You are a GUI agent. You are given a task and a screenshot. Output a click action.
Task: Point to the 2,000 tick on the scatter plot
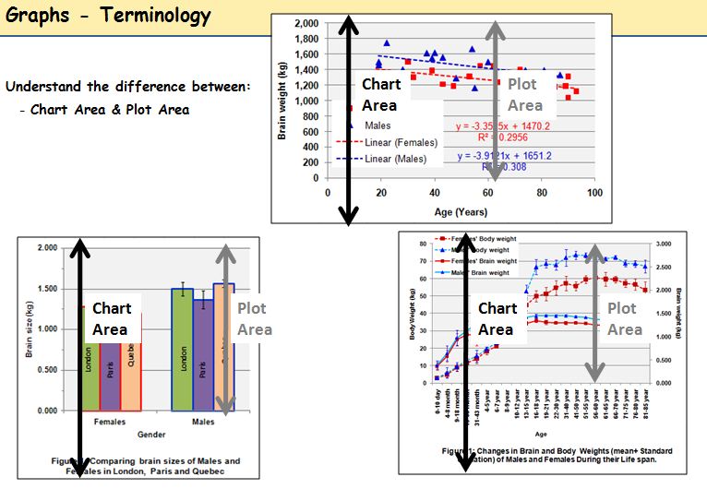[306, 22]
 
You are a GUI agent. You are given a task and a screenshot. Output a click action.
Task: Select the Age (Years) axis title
[461, 210]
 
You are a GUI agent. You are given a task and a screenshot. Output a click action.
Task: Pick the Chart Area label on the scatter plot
[380, 94]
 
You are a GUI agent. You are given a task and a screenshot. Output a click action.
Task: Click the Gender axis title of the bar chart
[150, 433]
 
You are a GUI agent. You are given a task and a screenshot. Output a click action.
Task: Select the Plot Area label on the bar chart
[255, 319]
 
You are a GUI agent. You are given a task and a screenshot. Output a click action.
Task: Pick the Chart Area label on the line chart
[497, 319]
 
